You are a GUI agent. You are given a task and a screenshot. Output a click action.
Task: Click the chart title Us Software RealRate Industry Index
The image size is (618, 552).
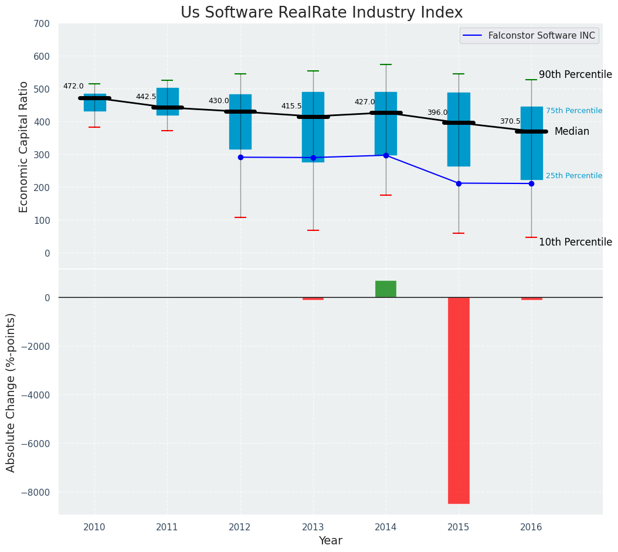321,13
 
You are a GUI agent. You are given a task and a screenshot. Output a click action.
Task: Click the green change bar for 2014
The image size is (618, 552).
386,289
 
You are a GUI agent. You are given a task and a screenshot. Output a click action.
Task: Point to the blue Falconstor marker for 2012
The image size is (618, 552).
240,157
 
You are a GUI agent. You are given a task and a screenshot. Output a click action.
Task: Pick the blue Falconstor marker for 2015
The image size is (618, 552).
459,183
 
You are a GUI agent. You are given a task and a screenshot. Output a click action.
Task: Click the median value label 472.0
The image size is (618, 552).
73,86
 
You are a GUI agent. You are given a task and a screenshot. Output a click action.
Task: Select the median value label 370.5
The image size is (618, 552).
510,121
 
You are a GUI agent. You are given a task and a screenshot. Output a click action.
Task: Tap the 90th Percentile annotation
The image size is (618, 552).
575,74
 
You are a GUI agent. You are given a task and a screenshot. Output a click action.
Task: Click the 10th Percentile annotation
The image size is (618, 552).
575,242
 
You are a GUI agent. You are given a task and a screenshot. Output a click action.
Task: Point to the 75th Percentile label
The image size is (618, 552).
574,111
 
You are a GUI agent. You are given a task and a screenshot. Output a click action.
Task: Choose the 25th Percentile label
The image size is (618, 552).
574,176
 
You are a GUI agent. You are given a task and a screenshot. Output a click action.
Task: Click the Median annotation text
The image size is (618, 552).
572,131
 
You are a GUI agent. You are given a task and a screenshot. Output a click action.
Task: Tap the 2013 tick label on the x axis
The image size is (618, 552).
313,527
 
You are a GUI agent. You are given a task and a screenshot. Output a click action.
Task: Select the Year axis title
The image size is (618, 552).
331,541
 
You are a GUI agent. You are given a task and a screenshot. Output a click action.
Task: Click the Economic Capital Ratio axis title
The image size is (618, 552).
24,146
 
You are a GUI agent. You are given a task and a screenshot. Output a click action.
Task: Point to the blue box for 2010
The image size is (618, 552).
95,103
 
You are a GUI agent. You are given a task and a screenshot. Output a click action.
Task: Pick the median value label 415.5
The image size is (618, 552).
291,106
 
